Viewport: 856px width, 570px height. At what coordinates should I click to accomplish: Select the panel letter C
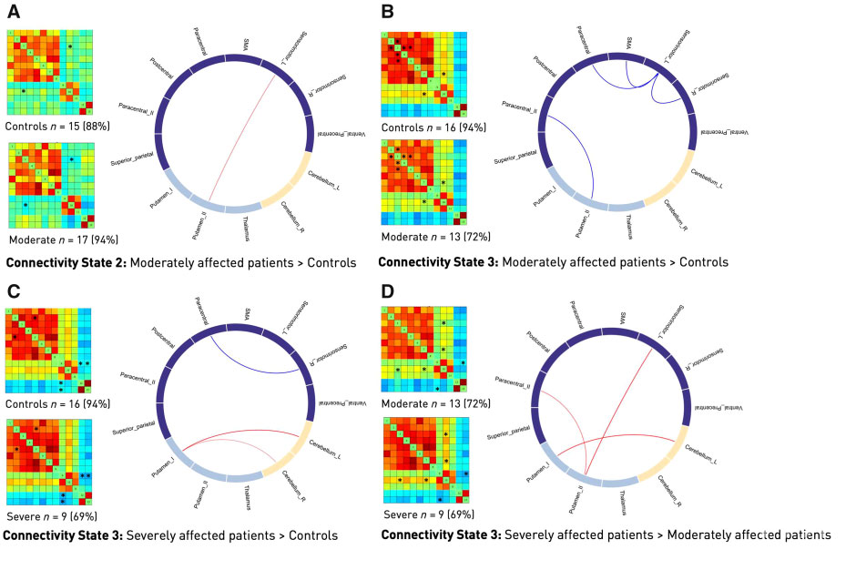click(x=13, y=291)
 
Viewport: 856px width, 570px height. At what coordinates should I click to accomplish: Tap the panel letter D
click(x=387, y=291)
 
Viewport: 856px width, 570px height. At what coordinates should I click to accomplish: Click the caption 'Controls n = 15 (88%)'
click(x=56, y=126)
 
